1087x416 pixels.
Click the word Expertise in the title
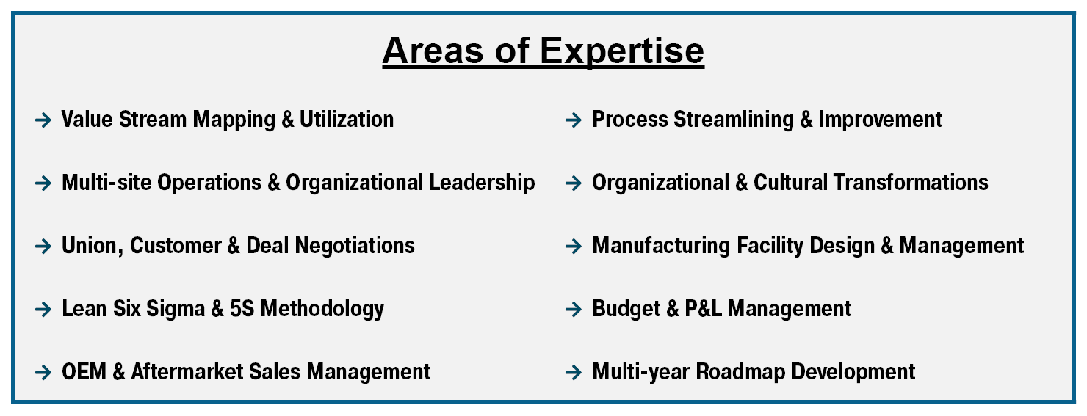point(621,51)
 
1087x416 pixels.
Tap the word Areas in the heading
point(433,51)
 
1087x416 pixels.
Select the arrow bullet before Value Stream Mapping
point(43,120)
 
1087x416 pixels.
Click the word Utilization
point(347,120)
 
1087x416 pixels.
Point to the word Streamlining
point(733,120)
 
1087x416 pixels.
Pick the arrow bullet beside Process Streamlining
point(574,120)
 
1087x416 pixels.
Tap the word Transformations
point(911,182)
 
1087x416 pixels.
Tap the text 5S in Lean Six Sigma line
point(242,308)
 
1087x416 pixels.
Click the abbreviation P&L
point(703,308)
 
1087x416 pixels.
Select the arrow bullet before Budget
point(574,309)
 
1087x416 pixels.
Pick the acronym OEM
point(84,371)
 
